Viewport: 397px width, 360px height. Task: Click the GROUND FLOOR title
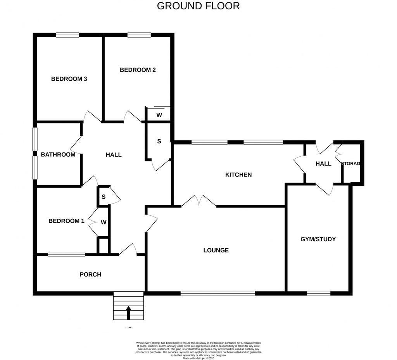pyautogui.click(x=198, y=6)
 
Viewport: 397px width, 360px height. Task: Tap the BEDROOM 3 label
pyautogui.click(x=69, y=79)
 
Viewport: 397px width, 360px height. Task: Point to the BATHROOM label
pyautogui.click(x=58, y=154)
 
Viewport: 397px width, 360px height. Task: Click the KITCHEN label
pyautogui.click(x=238, y=175)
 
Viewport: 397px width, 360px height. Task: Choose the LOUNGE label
pyautogui.click(x=216, y=250)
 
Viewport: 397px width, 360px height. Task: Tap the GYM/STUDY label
pyautogui.click(x=318, y=239)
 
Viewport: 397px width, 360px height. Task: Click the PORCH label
pyautogui.click(x=90, y=274)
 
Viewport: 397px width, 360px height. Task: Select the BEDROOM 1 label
pyautogui.click(x=66, y=221)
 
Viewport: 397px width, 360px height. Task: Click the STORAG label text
pyautogui.click(x=351, y=163)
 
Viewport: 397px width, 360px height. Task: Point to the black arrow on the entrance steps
pyautogui.click(x=128, y=313)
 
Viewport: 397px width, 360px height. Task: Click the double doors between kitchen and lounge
pyautogui.click(x=199, y=201)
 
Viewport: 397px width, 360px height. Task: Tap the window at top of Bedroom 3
pyautogui.click(x=67, y=35)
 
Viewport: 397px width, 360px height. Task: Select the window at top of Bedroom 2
pyautogui.click(x=139, y=35)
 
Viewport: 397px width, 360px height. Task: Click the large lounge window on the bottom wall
pyautogui.click(x=217, y=293)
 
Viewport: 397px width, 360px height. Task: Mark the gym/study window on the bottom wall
pyautogui.click(x=319, y=293)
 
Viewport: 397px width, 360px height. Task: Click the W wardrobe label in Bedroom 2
pyautogui.click(x=159, y=115)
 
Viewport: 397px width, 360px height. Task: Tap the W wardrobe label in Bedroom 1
pyautogui.click(x=104, y=222)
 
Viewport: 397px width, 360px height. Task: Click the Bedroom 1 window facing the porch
pyautogui.click(x=66, y=254)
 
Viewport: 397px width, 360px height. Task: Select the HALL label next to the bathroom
pyautogui.click(x=114, y=154)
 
